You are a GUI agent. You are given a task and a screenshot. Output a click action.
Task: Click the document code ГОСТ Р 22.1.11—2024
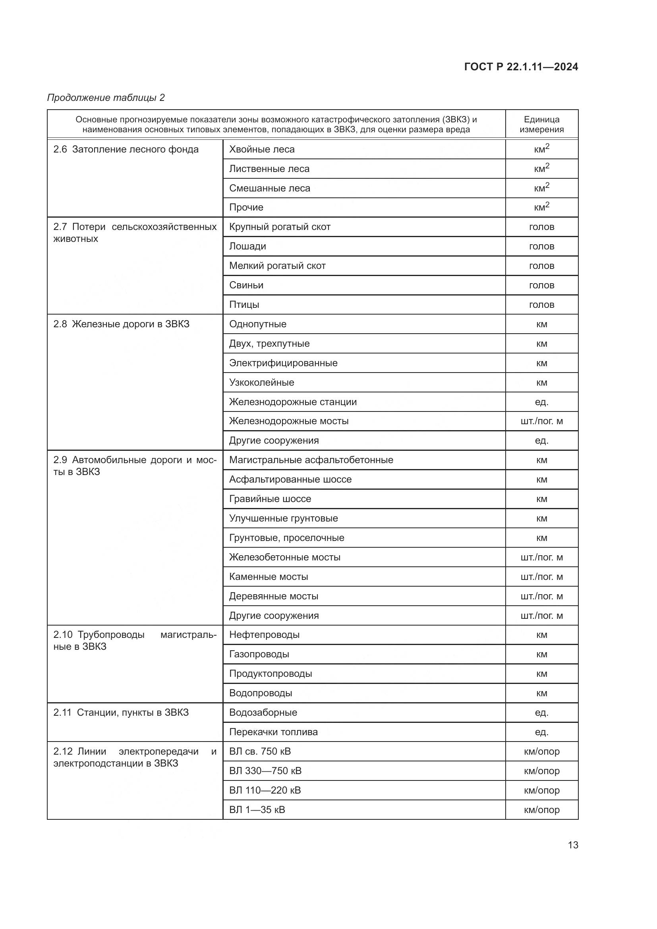(521, 67)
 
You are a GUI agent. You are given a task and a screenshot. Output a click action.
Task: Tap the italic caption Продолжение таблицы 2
(106, 98)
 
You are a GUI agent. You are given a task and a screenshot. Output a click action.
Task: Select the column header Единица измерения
(541, 124)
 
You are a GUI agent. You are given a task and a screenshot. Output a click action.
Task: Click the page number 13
(573, 845)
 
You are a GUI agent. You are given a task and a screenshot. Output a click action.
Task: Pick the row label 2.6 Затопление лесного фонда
(126, 149)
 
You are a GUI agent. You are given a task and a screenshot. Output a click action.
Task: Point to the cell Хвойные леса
(262, 149)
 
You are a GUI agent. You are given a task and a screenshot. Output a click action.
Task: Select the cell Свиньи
(246, 285)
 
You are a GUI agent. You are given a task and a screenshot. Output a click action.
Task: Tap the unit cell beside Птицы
(541, 305)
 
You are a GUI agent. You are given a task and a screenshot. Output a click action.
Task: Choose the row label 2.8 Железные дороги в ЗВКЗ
(122, 324)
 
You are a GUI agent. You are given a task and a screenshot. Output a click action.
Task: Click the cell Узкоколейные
(261, 382)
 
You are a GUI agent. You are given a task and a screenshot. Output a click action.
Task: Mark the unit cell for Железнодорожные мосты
(541, 421)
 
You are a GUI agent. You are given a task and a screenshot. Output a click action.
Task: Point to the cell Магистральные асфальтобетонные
(311, 460)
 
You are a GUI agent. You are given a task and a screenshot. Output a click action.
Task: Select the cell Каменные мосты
(268, 577)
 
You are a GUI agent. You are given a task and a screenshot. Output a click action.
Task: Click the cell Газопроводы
(259, 654)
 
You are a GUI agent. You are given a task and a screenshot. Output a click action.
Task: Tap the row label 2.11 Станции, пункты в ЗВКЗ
(121, 713)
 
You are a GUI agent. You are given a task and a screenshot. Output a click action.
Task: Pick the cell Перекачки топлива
(273, 732)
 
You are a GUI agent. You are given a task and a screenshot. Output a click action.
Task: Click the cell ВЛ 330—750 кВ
(265, 771)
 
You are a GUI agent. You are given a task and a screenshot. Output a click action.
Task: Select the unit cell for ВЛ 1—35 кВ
(541, 809)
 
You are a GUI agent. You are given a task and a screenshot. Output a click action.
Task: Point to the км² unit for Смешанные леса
(541, 188)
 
